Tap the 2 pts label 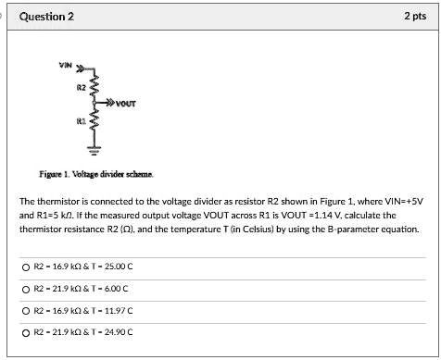(x=414, y=18)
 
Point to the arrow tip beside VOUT (x=113, y=103)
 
